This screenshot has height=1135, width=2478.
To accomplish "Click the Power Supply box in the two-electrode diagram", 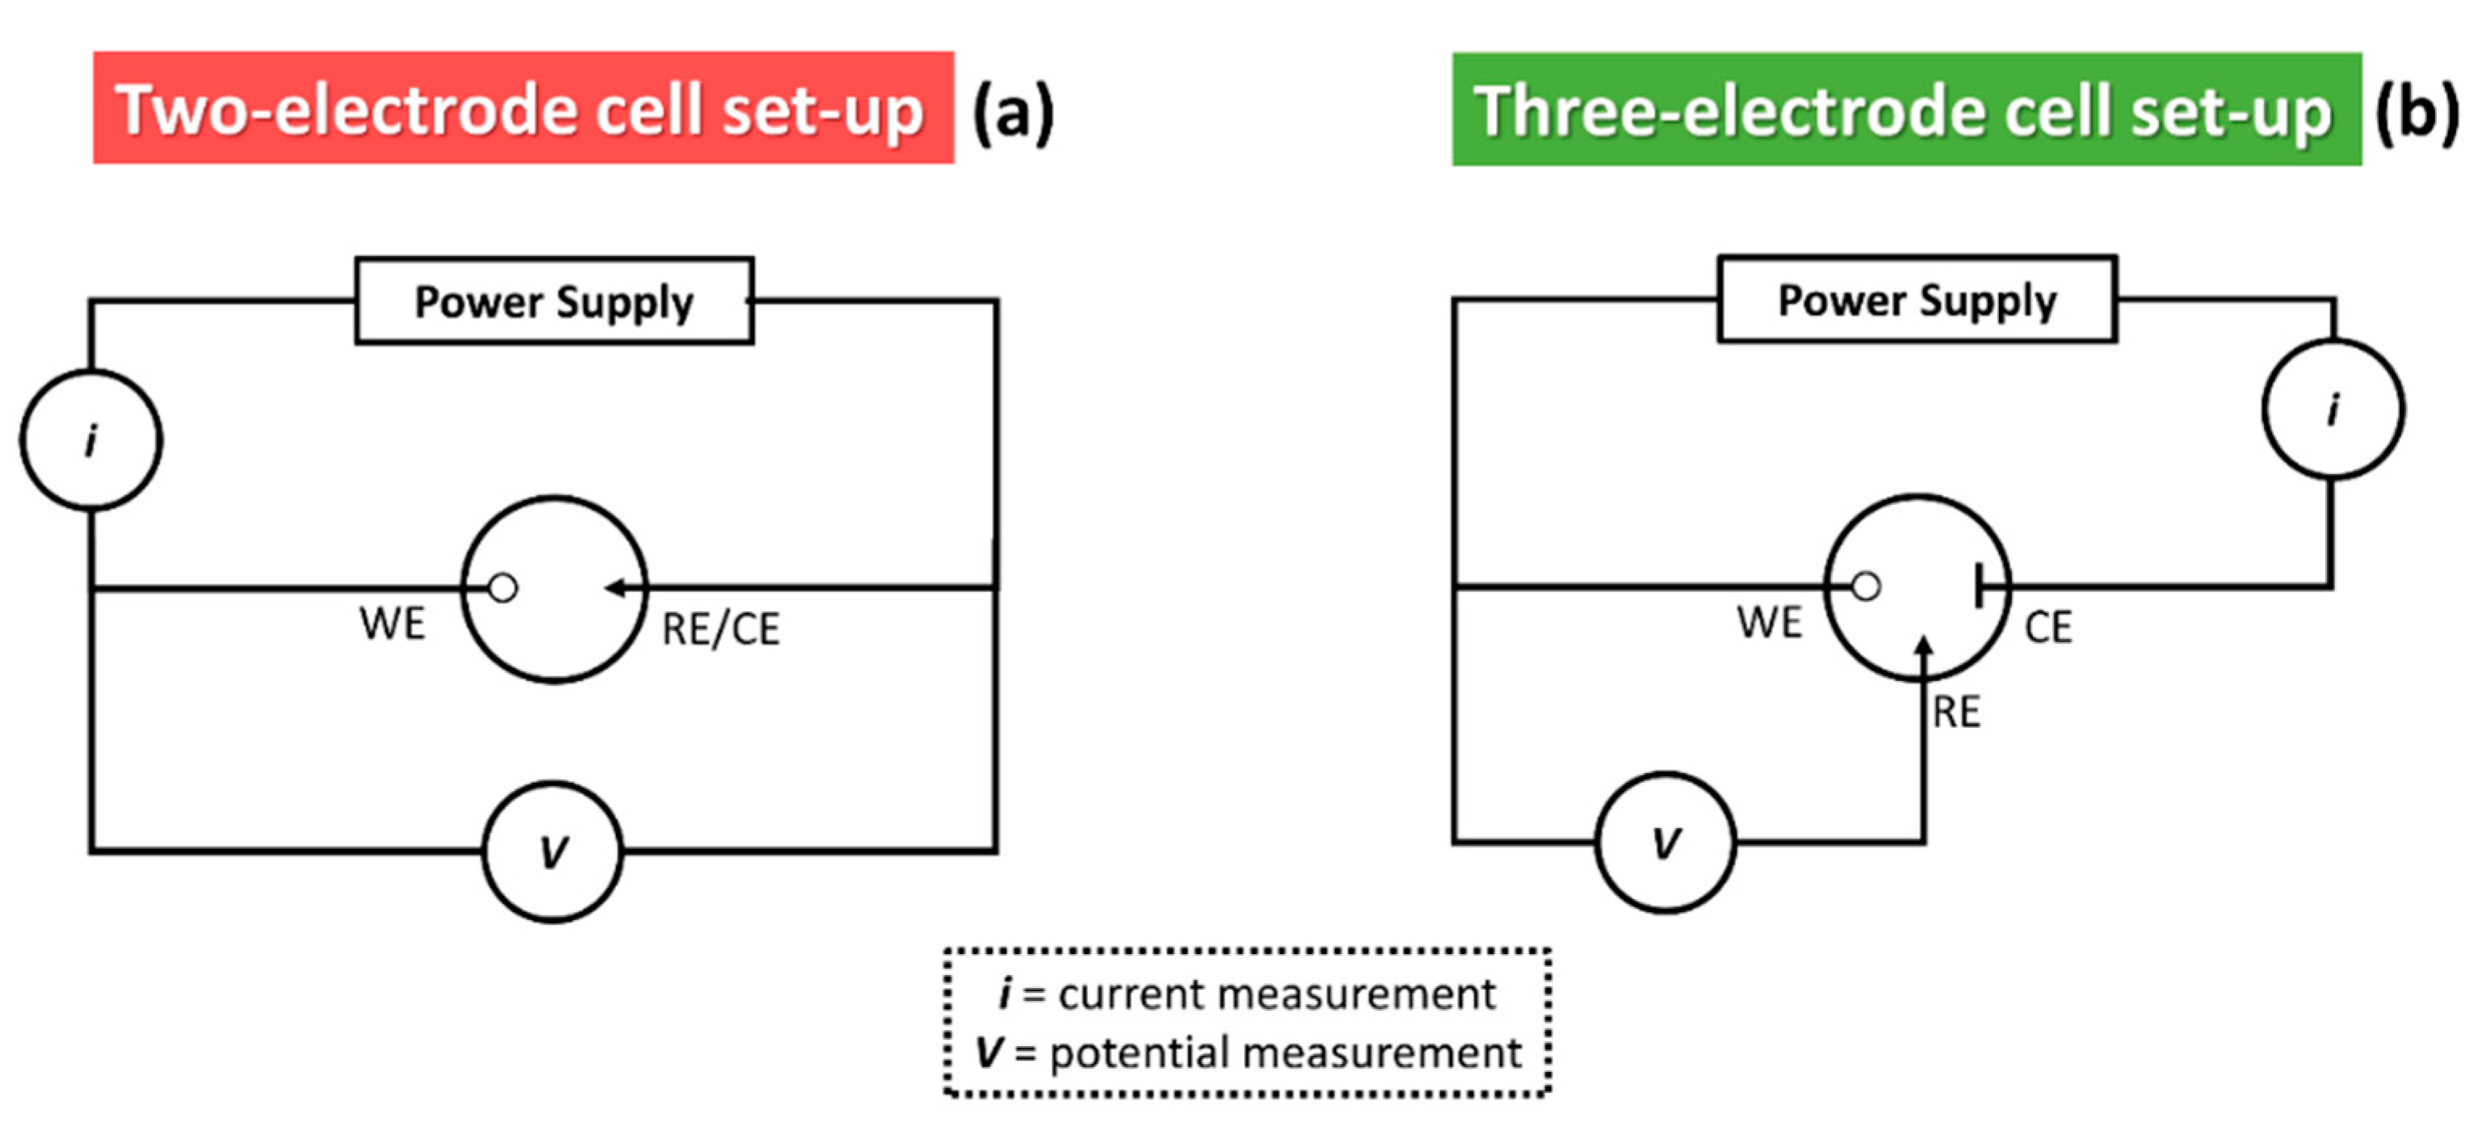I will click(x=554, y=301).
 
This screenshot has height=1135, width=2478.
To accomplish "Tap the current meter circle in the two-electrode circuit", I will click(x=91, y=439).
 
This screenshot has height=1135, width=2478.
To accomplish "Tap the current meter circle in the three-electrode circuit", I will click(x=2333, y=409).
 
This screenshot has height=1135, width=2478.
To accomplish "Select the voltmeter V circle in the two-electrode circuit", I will click(x=553, y=851).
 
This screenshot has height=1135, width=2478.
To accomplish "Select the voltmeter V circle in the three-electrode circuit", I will click(x=1665, y=843).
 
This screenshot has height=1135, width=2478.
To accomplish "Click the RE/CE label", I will click(x=720, y=629).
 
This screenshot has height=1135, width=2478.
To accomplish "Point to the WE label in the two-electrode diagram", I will click(x=392, y=624).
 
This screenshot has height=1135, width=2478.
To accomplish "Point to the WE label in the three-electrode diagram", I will click(x=1769, y=622).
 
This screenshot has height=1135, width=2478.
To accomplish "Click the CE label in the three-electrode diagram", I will click(x=2048, y=627).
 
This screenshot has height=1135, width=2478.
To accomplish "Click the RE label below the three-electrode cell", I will click(x=1956, y=713).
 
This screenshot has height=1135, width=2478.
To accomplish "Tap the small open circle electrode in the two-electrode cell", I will click(x=502, y=586).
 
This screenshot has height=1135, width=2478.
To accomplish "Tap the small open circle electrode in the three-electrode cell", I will click(x=1865, y=586).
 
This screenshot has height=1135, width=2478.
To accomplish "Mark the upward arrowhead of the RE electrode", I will click(x=1923, y=646).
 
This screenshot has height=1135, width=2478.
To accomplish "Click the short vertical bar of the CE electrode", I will click(x=1978, y=585).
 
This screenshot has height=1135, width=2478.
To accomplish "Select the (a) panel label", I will click(x=1013, y=111).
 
